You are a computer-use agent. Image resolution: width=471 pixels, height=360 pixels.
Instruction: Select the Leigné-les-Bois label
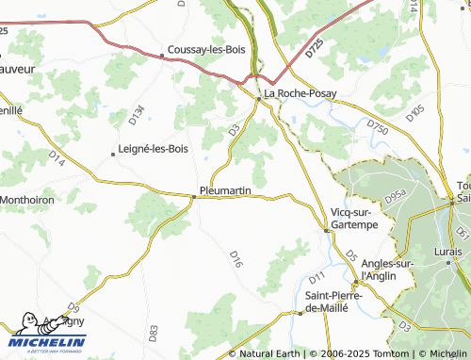155,149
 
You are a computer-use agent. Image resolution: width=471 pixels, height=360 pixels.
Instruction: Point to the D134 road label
137,115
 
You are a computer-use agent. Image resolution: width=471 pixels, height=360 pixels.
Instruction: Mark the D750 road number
378,124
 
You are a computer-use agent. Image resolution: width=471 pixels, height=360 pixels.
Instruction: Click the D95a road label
395,197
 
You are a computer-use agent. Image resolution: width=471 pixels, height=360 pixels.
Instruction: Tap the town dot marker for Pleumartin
194,196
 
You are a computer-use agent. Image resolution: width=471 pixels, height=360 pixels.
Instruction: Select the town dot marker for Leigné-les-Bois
112,154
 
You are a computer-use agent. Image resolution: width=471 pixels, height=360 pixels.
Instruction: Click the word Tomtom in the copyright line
362,353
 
